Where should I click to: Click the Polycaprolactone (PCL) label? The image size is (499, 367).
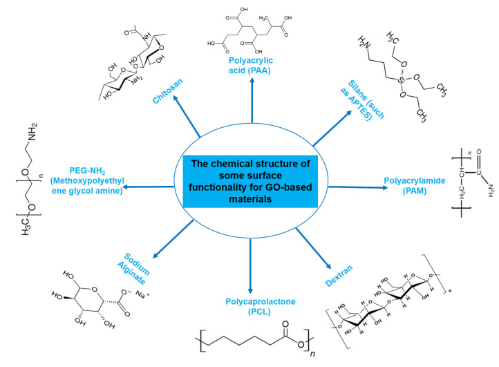(250, 306)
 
